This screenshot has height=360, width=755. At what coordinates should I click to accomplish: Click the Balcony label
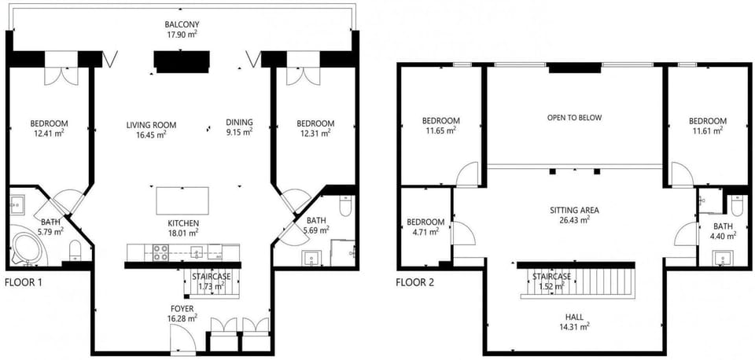coord(182,24)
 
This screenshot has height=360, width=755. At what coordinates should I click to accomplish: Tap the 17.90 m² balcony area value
coord(182,34)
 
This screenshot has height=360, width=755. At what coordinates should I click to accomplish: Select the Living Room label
coord(151,125)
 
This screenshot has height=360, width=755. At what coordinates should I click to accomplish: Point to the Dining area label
coord(239,123)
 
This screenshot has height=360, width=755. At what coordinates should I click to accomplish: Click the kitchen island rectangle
coord(182,200)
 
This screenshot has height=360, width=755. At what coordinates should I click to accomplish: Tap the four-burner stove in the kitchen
coord(160,252)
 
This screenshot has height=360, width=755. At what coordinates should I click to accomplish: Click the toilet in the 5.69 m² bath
coord(346,206)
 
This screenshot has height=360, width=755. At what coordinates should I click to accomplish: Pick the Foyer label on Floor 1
coord(183,308)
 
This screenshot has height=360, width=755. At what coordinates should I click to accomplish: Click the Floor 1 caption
coord(24,282)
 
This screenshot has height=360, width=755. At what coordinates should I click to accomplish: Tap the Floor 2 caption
coord(415,282)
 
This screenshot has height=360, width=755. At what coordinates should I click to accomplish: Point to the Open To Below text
coord(574,117)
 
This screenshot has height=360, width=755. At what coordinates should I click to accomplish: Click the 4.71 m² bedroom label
coord(425,226)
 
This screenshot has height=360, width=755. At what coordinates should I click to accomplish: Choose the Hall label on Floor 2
coord(574,318)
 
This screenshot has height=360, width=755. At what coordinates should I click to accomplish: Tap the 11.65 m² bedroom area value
coord(441,130)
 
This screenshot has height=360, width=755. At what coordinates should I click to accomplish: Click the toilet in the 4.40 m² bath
coord(737,205)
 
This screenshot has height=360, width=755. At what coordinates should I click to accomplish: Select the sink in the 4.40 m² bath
coord(724,259)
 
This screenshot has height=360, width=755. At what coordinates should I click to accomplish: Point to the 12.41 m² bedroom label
coord(49,127)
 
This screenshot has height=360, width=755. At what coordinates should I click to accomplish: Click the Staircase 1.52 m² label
coord(551,281)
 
